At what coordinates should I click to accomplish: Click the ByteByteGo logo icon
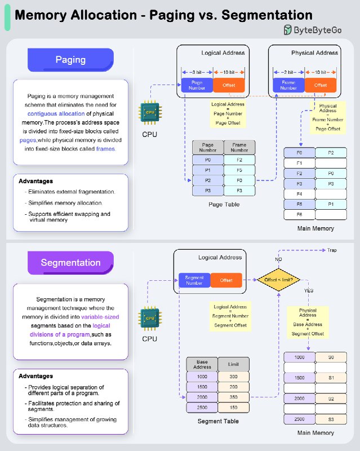287,30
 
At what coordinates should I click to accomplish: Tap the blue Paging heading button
71,60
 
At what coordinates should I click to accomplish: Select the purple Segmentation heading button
71,263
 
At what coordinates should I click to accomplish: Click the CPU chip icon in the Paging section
150,112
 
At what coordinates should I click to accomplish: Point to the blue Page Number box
197,85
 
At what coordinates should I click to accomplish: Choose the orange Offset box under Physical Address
321,85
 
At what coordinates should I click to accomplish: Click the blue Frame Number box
288,85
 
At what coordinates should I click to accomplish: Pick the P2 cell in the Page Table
208,180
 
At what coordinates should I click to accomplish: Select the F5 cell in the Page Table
239,170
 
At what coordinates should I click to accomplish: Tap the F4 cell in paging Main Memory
299,194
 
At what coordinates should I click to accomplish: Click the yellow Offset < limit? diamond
279,280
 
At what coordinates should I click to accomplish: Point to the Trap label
332,250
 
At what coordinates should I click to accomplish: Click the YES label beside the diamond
309,290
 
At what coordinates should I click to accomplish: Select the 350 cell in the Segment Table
233,397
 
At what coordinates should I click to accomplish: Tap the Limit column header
233,364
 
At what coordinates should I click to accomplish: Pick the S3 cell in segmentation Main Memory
331,419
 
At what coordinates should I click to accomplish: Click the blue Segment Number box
194,280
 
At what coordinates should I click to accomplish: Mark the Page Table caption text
224,205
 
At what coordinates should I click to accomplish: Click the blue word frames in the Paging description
105,149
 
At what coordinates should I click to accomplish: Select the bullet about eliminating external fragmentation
72,192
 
